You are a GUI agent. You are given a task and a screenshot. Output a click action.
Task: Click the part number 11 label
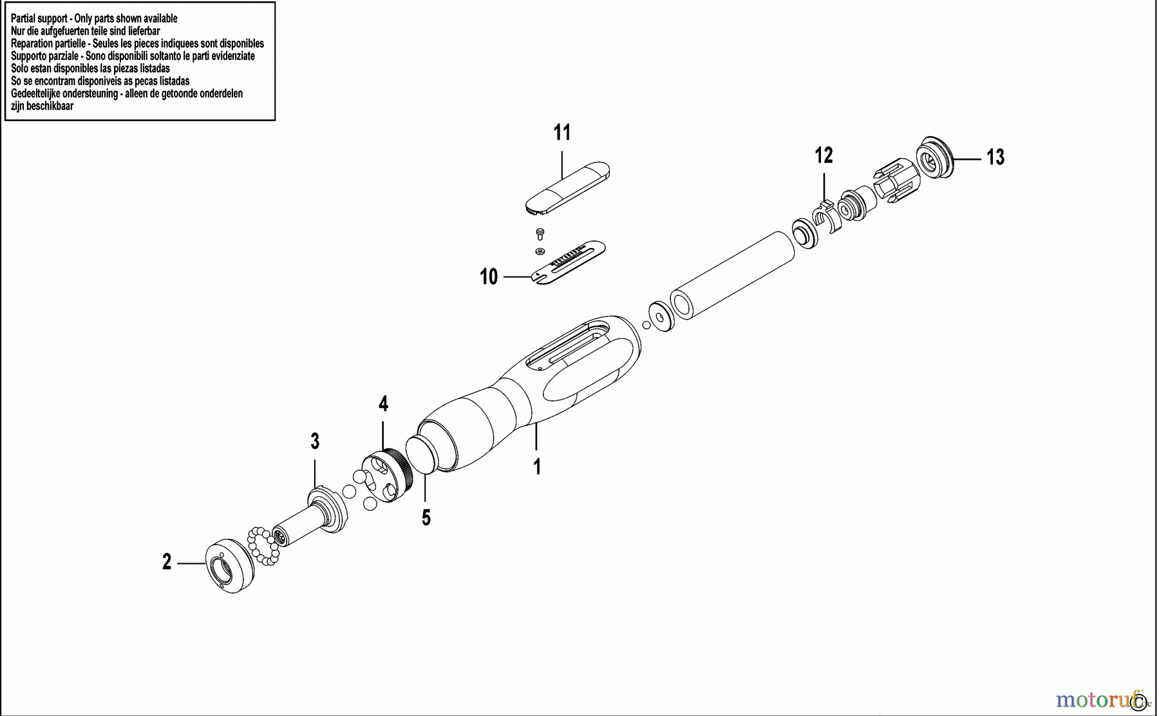(x=562, y=133)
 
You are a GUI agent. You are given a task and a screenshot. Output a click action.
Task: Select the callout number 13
(x=995, y=157)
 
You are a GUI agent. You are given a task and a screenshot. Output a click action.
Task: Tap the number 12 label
(x=824, y=155)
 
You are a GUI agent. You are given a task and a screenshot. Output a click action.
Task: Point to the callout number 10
(x=489, y=277)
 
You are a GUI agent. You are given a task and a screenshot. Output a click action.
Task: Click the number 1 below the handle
(x=537, y=467)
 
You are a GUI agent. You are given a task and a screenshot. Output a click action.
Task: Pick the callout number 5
(x=426, y=518)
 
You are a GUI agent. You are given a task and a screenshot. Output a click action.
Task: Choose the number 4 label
(x=383, y=404)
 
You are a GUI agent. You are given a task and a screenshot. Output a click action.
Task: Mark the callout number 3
(x=315, y=441)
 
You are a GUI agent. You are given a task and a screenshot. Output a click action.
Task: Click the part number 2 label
(x=167, y=563)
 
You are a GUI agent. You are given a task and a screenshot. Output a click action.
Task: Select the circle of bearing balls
(x=263, y=545)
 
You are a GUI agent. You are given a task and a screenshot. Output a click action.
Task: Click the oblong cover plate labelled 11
(x=567, y=186)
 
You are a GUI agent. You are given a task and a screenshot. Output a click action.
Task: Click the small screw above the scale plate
(x=540, y=233)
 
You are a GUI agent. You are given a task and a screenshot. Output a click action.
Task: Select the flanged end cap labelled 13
(x=934, y=158)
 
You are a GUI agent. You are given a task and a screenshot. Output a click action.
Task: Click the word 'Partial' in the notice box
(x=24, y=19)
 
